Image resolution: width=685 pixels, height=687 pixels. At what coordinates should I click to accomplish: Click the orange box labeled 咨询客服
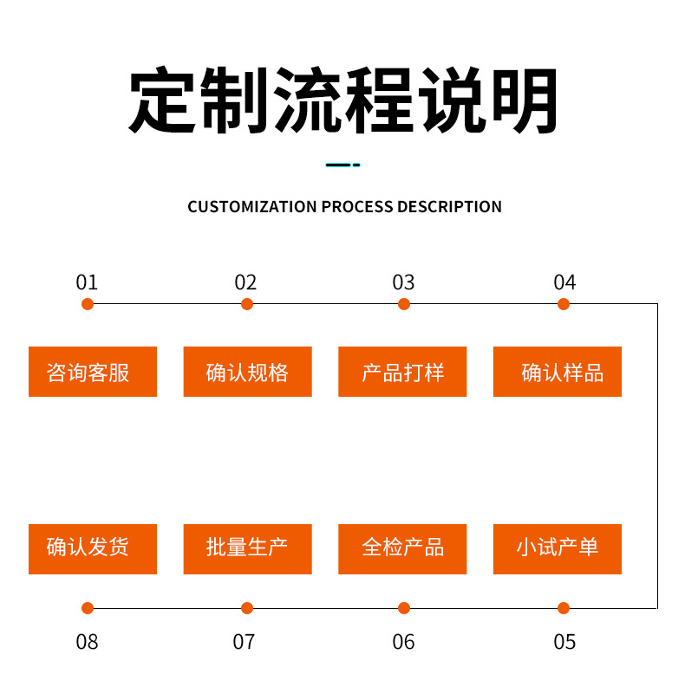(93, 372)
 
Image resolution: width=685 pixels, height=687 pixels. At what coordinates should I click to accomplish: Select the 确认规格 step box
(247, 372)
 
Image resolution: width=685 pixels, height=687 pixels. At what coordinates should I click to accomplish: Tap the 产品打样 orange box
(402, 372)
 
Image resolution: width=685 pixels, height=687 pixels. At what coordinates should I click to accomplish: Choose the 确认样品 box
(558, 372)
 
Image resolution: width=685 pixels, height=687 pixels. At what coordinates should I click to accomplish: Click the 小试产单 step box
(558, 549)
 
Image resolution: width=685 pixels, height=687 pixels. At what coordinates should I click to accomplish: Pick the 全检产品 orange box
(402, 549)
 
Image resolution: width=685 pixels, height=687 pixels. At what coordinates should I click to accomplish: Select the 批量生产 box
(247, 549)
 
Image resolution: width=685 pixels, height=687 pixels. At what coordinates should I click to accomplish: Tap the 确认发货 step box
(93, 549)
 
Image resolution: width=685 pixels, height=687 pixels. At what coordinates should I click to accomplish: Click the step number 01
(87, 282)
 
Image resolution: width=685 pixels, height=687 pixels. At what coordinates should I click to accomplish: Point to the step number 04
(564, 282)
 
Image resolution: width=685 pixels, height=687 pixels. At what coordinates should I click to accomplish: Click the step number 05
(564, 642)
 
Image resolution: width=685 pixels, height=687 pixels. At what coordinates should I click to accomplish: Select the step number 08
(87, 642)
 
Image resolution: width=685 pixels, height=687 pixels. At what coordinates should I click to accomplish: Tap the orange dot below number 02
(247, 304)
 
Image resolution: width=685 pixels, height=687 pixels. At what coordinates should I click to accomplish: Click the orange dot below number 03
(404, 304)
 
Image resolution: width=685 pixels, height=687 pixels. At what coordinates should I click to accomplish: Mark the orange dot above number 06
(404, 608)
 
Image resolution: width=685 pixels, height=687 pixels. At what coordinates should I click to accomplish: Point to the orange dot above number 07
(247, 608)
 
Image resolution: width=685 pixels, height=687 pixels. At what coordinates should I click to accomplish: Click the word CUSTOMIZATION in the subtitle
(252, 207)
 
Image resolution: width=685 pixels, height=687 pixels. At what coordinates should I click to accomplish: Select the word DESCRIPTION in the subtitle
(449, 207)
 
